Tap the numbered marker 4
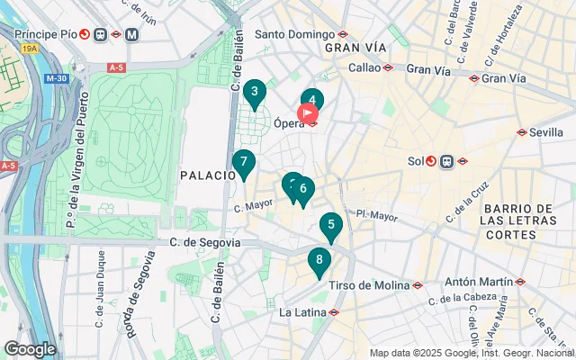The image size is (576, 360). coord(312,101)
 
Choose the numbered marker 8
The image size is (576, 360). coord(319,262)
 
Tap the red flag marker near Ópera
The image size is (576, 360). coord(307,113)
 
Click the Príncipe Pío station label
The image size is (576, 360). coord(45,34)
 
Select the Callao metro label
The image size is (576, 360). coord(364,67)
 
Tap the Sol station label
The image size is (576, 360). coord(415,162)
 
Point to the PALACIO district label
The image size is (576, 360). coord(207,175)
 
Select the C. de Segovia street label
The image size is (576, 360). coord(205,242)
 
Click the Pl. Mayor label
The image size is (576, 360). coord(376,215)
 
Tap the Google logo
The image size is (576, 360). coord(30,349)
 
